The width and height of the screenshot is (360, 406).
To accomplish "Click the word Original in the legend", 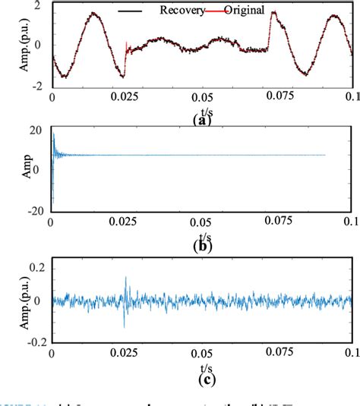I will pos(243,11).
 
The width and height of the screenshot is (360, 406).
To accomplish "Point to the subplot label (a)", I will pos(201,119).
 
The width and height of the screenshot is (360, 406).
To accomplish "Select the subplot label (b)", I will pos(201,245).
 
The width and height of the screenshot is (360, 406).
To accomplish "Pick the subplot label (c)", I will pos(201,375).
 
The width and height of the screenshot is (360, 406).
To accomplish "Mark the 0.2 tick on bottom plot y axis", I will pos(33,267).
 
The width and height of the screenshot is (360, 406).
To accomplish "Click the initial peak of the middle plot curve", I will pos(53,134).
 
